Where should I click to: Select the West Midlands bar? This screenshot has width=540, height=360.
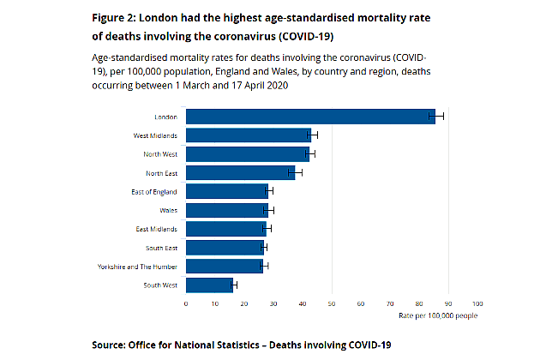coord(249,135)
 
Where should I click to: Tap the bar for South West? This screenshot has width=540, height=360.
coord(209,285)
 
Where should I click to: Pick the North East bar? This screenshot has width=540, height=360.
coord(240,172)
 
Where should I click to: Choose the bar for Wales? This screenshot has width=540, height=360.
coord(227,210)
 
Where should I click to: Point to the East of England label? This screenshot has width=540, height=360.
coord(155,191)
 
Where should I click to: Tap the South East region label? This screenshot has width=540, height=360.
coord(162,248)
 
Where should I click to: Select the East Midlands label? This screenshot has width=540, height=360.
coord(157,229)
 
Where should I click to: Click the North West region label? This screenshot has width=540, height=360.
coord(160,154)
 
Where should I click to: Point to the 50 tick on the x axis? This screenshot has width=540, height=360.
coord(332,303)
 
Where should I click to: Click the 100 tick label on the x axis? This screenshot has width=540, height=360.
coord(477,303)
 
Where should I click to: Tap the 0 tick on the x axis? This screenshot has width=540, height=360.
coord(186,303)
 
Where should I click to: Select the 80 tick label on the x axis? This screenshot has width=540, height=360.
coord(419,303)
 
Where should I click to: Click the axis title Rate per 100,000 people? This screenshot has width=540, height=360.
coord(438,315)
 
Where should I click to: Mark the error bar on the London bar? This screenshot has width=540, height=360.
coord(436,117)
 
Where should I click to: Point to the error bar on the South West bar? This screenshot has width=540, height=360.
coord(233,285)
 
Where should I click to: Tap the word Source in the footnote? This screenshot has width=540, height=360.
coord(113,344)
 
